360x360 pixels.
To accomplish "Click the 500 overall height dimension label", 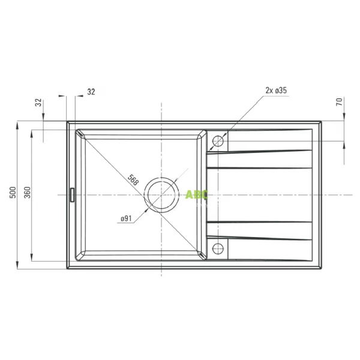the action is tap(13, 193).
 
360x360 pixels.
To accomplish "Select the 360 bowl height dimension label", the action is tap(27, 193).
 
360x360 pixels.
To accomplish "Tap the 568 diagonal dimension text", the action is tap(133, 180).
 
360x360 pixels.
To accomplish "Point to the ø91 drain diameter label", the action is tap(126, 218).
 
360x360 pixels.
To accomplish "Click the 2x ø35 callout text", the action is tap(276, 91).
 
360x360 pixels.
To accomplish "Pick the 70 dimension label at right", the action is tap(340, 101).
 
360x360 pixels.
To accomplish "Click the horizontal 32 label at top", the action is tap(91, 92).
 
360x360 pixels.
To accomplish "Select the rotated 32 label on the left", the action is tap(39, 103).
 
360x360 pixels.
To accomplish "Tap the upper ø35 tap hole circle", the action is tap(218, 141).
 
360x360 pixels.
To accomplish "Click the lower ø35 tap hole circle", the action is tap(218, 248).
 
